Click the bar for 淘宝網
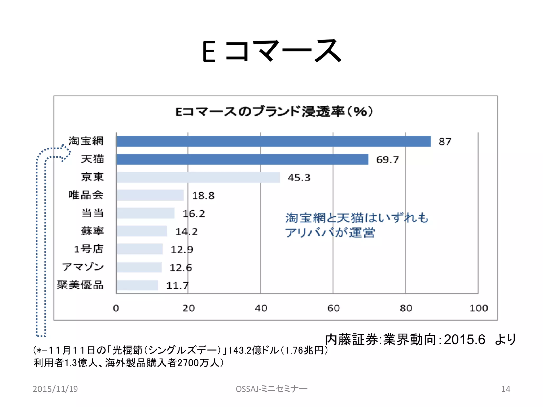[x=273, y=141]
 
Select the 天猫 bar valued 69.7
[x=242, y=159]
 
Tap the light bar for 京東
[x=198, y=177]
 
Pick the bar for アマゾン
[x=139, y=267]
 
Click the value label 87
[x=445, y=142]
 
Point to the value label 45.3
[x=299, y=178]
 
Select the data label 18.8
[x=203, y=196]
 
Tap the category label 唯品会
[x=86, y=195]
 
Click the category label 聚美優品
[x=80, y=285]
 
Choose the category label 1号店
[x=88, y=249]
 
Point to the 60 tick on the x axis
[x=333, y=308]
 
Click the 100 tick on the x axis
[x=478, y=308]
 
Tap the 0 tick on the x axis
[x=116, y=308]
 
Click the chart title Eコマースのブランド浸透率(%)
[x=274, y=112]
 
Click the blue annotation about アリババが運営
[x=357, y=225]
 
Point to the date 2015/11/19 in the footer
[x=55, y=389]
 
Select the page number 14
[x=505, y=389]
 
